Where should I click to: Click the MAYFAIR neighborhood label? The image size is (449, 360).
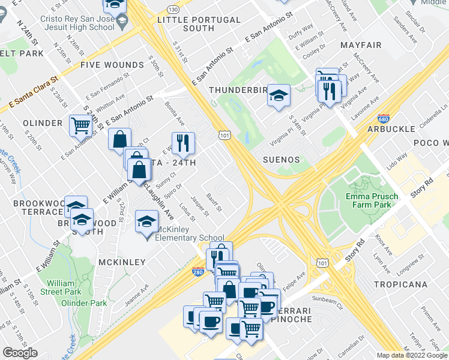click(361, 45)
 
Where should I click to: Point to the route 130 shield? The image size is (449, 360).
click(173, 10)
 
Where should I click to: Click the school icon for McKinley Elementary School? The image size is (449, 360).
click(146, 221)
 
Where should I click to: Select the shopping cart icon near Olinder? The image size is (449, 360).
click(80, 125)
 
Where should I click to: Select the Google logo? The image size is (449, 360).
click(20, 353)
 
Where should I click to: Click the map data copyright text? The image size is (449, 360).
click(412, 355)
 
